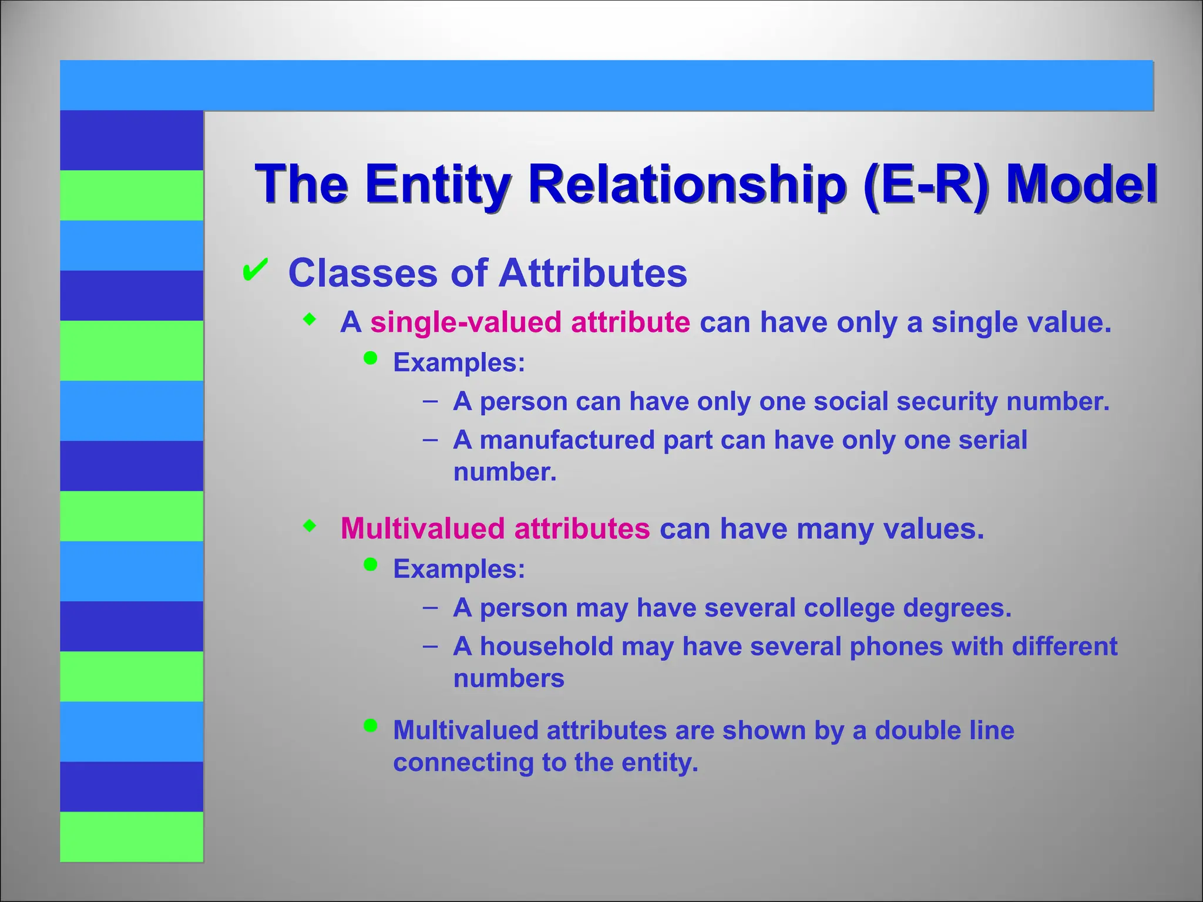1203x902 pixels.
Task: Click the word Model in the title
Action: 1081,184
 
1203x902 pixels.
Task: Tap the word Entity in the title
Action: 437,184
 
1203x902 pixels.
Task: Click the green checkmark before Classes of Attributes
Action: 255,270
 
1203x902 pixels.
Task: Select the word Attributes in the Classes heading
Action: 593,273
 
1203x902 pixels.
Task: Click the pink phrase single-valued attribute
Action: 530,322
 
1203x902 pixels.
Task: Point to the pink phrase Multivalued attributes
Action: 495,528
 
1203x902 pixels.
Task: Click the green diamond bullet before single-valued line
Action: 310,320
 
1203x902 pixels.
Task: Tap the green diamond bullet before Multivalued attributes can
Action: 310,526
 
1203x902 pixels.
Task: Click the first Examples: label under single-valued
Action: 459,362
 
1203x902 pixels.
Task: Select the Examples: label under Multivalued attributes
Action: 459,568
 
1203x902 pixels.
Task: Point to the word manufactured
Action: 567,440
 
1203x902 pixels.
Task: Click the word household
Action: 546,646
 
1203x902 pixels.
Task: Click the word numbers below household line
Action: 509,679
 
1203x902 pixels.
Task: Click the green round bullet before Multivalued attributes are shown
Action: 370,726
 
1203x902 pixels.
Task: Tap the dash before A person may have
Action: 430,607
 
